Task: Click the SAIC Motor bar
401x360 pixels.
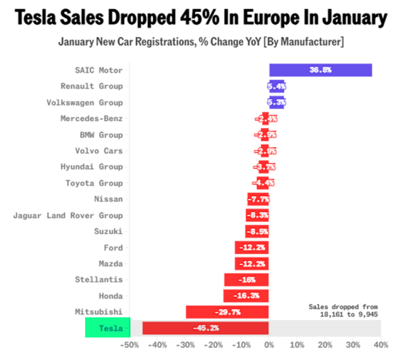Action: tap(320, 70)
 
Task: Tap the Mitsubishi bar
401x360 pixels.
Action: tap(227, 312)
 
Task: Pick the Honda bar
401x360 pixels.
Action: tap(246, 295)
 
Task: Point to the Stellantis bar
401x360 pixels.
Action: tap(246, 280)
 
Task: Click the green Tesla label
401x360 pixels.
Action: tap(107, 328)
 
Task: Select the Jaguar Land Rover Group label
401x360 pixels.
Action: tap(68, 215)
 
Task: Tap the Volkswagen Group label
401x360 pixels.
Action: tap(85, 102)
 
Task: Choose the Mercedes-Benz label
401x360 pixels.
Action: tap(91, 119)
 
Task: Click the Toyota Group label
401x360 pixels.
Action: tap(94, 183)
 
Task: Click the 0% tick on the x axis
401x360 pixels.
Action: tap(269, 345)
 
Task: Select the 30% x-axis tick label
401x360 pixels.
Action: tap(353, 345)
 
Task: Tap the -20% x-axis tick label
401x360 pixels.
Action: tap(213, 345)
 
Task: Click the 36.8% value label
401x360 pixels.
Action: tap(320, 70)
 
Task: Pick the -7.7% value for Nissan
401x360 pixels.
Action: tap(258, 199)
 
